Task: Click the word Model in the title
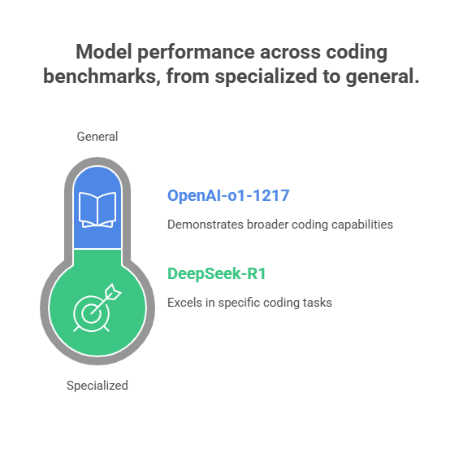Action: click(x=104, y=51)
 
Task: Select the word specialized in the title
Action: click(x=266, y=76)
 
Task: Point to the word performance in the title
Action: click(x=196, y=52)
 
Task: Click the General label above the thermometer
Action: click(x=97, y=137)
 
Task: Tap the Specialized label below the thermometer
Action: click(x=97, y=386)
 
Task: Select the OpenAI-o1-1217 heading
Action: click(x=228, y=195)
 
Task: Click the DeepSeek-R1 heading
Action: click(x=217, y=273)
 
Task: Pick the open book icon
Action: click(x=97, y=210)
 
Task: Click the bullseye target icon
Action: click(x=92, y=313)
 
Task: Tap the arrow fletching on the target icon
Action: click(x=113, y=292)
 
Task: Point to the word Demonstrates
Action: click(x=206, y=225)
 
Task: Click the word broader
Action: click(x=267, y=225)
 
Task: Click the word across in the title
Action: click(x=290, y=52)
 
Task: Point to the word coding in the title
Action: click(x=357, y=52)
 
